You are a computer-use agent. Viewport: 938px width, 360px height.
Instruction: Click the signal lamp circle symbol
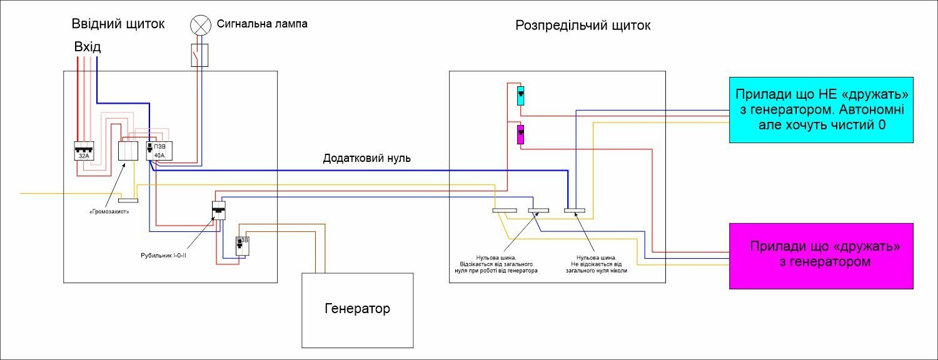201,25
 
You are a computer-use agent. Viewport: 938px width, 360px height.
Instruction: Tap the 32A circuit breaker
84,151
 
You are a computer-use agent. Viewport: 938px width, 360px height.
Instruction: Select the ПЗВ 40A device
159,151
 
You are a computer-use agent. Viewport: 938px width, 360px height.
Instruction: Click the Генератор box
358,310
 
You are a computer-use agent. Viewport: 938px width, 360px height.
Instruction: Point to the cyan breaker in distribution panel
520,96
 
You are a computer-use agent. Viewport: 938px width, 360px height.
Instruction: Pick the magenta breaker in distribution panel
520,134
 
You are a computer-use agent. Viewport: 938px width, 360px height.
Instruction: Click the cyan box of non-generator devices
821,109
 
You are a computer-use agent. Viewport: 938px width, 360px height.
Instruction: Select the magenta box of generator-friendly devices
821,256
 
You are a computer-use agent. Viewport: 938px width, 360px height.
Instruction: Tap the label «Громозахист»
109,212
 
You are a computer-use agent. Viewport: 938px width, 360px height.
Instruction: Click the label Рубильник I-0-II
163,256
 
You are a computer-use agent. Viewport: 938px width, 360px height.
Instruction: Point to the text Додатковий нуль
367,158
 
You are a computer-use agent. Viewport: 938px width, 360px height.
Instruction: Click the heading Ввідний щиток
118,24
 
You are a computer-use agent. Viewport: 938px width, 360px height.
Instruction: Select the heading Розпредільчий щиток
583,26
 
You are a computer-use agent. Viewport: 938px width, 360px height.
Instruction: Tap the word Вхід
88,46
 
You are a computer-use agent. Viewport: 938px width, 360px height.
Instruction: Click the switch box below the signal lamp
199,55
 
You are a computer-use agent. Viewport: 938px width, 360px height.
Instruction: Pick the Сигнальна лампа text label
262,24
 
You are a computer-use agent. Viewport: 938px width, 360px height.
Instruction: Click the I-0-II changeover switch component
219,211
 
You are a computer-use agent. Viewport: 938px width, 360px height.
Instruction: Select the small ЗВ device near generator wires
243,246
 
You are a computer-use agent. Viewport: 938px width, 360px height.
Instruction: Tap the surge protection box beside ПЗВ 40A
128,151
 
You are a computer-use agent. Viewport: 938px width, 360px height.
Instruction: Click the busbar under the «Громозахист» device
128,201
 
